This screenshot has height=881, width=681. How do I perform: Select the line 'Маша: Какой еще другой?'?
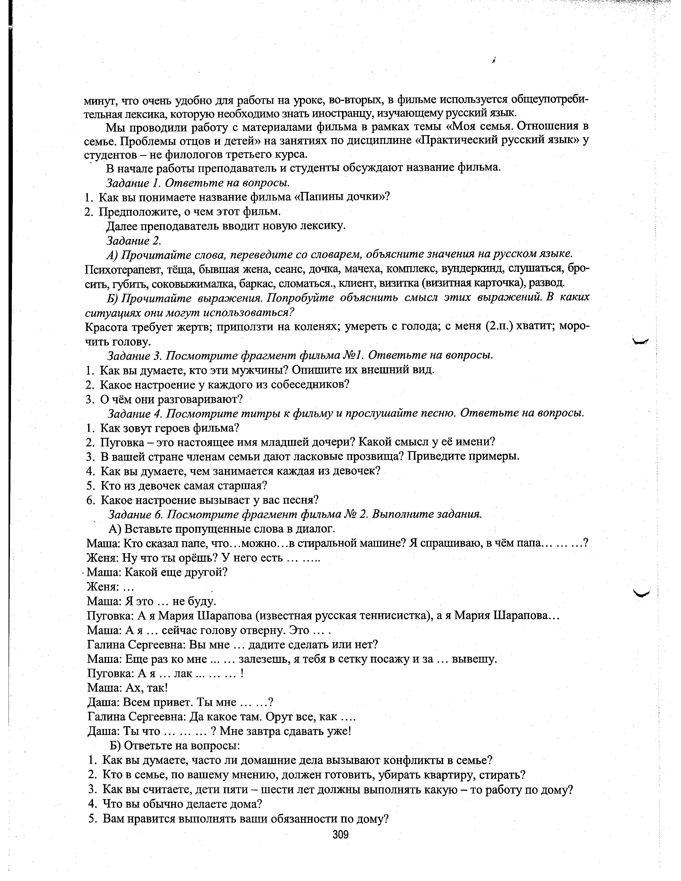(x=157, y=572)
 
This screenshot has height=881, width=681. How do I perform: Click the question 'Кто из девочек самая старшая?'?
(x=184, y=486)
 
